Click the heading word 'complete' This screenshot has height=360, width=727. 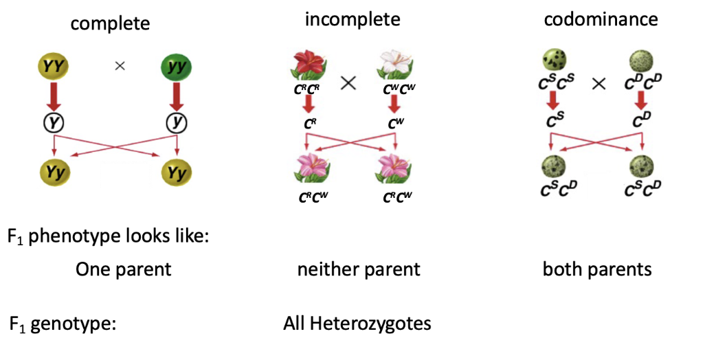110,24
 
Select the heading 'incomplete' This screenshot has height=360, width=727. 353,19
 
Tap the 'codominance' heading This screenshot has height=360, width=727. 601,19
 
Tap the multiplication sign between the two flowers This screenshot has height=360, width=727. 349,84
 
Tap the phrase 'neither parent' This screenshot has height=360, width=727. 358,269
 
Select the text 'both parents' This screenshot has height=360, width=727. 597,269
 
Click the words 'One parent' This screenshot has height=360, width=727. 124,269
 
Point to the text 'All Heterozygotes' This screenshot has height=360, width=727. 357,323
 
